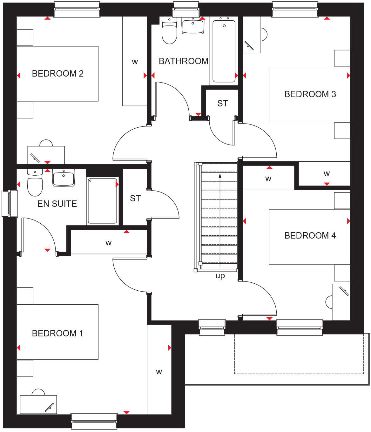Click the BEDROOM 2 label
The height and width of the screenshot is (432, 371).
click(57, 74)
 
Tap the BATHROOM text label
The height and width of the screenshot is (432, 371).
click(183, 61)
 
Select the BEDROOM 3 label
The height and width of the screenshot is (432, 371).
click(310, 94)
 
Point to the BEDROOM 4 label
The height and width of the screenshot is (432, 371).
click(310, 236)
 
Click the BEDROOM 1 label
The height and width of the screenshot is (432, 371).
click(57, 334)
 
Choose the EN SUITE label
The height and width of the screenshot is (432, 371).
click(57, 204)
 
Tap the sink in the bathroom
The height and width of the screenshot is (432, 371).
click(193, 25)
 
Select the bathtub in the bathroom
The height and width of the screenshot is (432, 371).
click(224, 51)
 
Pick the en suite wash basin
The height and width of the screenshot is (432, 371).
click(64, 178)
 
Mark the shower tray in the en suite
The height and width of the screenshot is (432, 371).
click(103, 201)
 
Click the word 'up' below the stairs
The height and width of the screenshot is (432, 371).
click(220, 276)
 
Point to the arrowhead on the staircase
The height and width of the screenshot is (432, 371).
click(220, 175)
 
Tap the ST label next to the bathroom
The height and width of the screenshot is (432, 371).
click(223, 104)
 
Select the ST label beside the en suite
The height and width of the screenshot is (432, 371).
click(135, 199)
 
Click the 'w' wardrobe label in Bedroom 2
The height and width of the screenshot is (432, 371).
click(135, 62)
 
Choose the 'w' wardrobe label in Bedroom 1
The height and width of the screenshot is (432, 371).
click(159, 372)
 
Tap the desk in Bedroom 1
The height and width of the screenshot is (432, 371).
click(38, 404)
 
